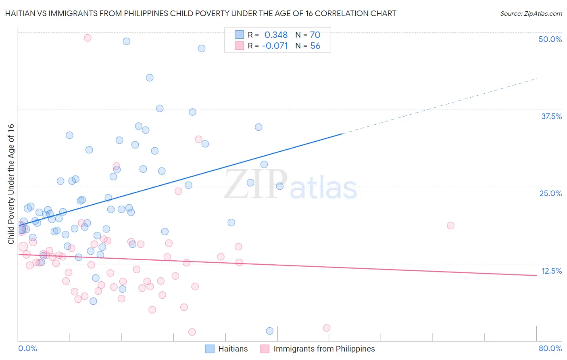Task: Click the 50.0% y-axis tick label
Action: point(550,39)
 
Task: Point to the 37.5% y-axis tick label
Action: point(551,116)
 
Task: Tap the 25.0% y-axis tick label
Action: point(550,193)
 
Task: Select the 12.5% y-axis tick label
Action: point(551,271)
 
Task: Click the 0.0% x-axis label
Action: point(27,348)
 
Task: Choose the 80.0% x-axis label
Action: point(550,348)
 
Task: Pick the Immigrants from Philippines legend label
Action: point(324,349)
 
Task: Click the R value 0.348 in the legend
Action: point(276,35)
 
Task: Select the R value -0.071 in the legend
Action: point(275,46)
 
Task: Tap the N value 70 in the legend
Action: point(315,35)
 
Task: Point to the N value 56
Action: point(315,46)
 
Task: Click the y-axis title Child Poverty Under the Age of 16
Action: point(11,184)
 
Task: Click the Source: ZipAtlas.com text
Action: point(531,14)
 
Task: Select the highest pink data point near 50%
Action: point(88,38)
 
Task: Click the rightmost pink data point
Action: point(450,226)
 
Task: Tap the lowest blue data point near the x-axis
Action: point(270,331)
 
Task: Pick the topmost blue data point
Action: point(126,41)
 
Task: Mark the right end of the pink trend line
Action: point(536,275)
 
